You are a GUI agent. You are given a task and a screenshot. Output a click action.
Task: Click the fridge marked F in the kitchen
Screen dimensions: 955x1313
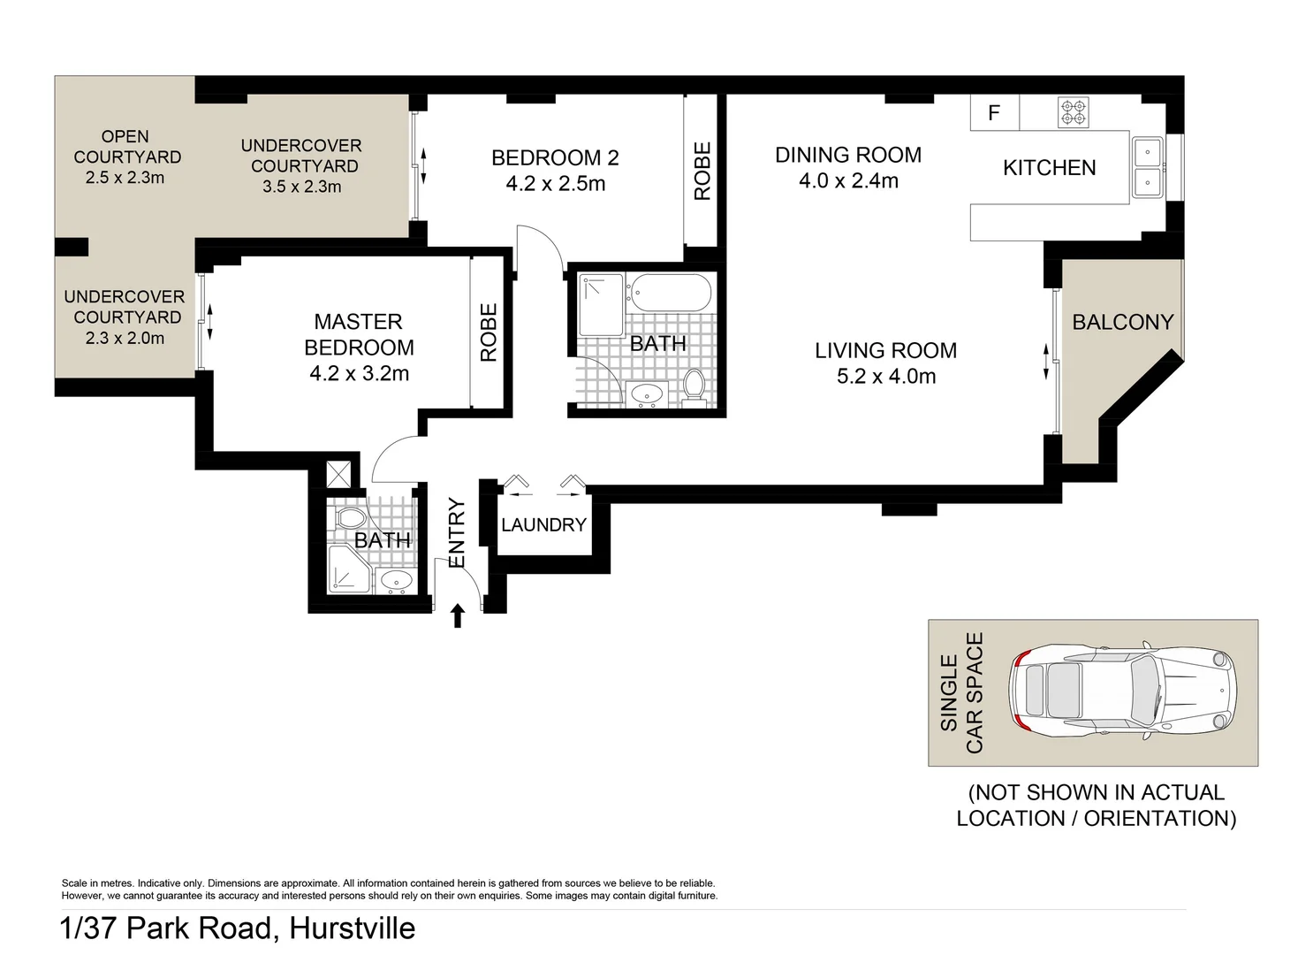pyautogui.click(x=994, y=113)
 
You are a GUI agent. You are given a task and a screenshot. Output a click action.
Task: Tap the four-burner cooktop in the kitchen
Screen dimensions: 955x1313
pyautogui.click(x=1074, y=112)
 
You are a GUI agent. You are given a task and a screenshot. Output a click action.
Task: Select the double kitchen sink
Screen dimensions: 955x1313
pyautogui.click(x=1148, y=167)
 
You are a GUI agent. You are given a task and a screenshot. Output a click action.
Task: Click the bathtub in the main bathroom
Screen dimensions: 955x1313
pyautogui.click(x=672, y=294)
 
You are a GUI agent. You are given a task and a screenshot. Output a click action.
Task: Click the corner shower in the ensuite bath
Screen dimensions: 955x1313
pyautogui.click(x=348, y=569)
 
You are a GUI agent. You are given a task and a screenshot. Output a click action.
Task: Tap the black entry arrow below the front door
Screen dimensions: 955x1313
pyautogui.click(x=458, y=615)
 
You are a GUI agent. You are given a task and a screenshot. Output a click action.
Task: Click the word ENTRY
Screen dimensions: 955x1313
pyautogui.click(x=457, y=533)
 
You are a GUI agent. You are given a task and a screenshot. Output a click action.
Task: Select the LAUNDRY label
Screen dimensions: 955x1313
pyautogui.click(x=543, y=524)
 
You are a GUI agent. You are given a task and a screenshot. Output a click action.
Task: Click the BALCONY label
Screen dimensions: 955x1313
pyautogui.click(x=1122, y=322)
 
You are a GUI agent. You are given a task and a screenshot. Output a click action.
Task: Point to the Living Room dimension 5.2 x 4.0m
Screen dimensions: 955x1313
pyautogui.click(x=885, y=377)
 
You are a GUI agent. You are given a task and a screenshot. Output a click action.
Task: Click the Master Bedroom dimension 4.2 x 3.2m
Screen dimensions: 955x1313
pyautogui.click(x=359, y=374)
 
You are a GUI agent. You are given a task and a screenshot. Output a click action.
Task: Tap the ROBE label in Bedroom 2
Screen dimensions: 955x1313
pyautogui.click(x=702, y=172)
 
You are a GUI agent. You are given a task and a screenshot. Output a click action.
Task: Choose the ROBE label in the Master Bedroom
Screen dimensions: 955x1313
pyautogui.click(x=489, y=332)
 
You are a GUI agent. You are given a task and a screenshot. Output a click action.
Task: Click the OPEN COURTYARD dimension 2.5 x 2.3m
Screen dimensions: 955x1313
pyautogui.click(x=125, y=178)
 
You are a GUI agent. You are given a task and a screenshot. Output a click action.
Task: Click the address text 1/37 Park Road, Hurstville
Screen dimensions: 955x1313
pyautogui.click(x=238, y=928)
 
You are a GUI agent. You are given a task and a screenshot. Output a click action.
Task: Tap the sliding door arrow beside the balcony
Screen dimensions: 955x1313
pyautogui.click(x=1046, y=361)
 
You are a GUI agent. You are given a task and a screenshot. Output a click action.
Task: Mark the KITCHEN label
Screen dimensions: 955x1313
pyautogui.click(x=1049, y=168)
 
